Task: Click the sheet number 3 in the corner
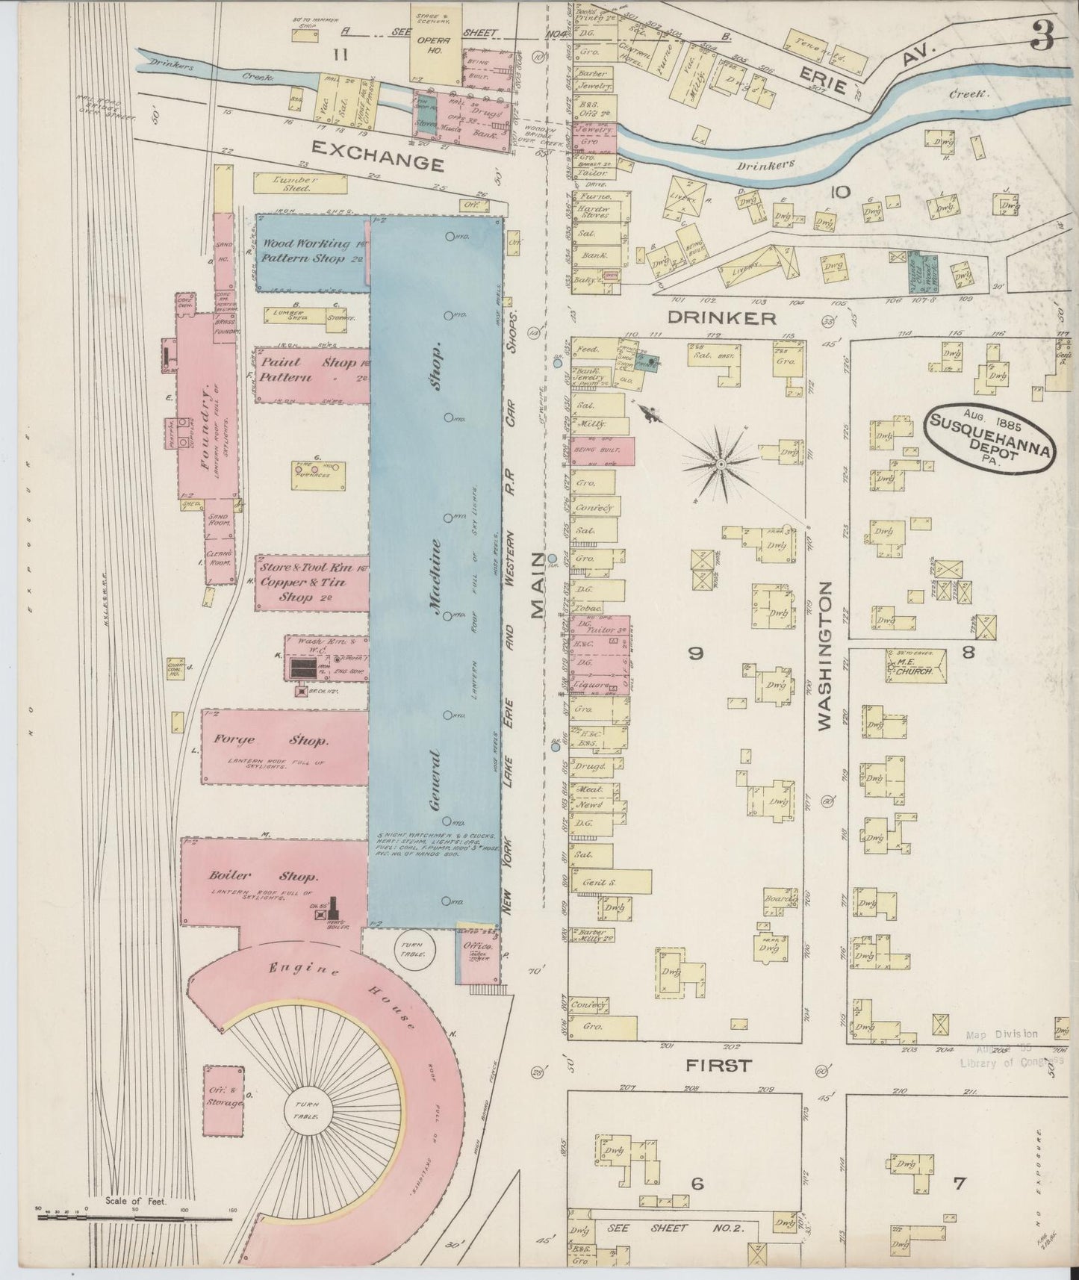tap(1043, 33)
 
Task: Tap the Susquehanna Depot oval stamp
tap(992, 440)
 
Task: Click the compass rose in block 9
tap(721, 464)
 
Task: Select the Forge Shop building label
tap(270, 740)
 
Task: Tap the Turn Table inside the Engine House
tap(306, 1108)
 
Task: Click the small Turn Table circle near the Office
tap(411, 948)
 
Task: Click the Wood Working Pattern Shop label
tap(311, 251)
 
